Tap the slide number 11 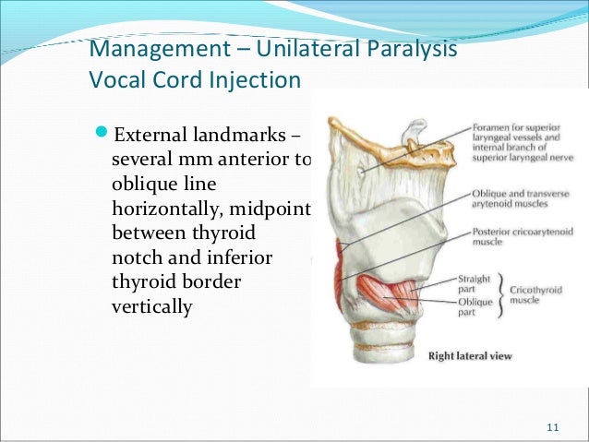pos(553,426)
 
